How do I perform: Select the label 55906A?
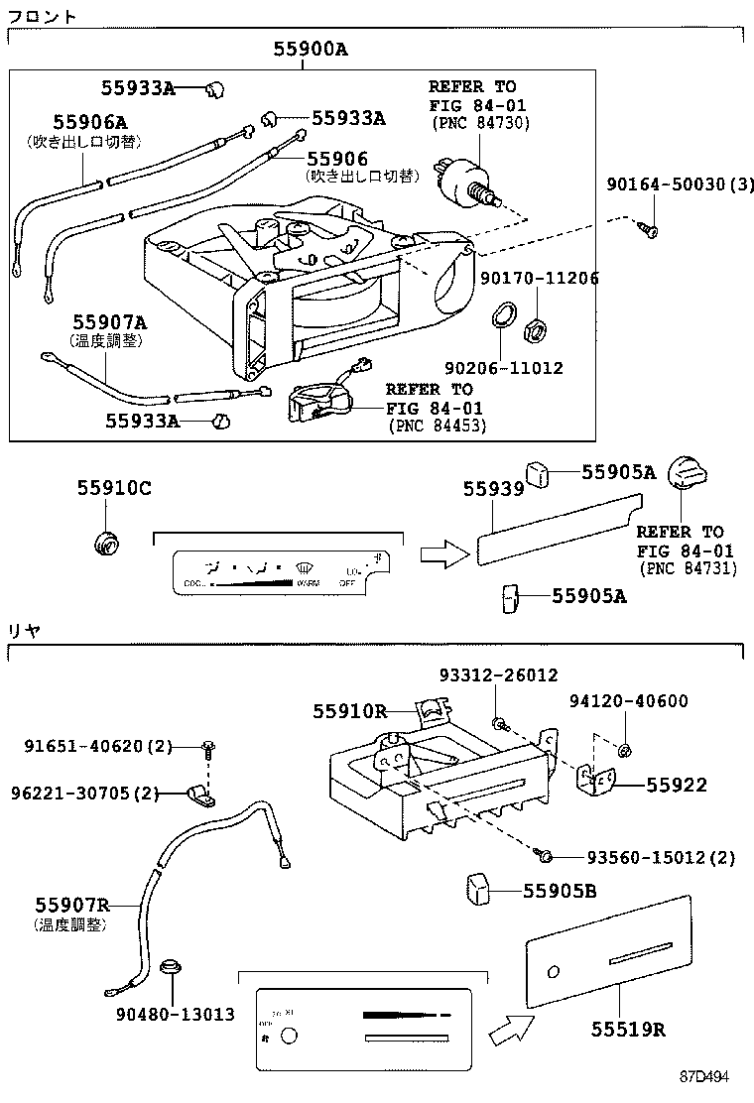(x=89, y=122)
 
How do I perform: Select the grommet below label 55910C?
(x=104, y=542)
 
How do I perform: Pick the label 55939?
(x=491, y=488)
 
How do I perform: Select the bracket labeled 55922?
(x=597, y=784)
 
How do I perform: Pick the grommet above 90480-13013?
(x=172, y=965)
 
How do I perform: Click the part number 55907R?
(x=71, y=905)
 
